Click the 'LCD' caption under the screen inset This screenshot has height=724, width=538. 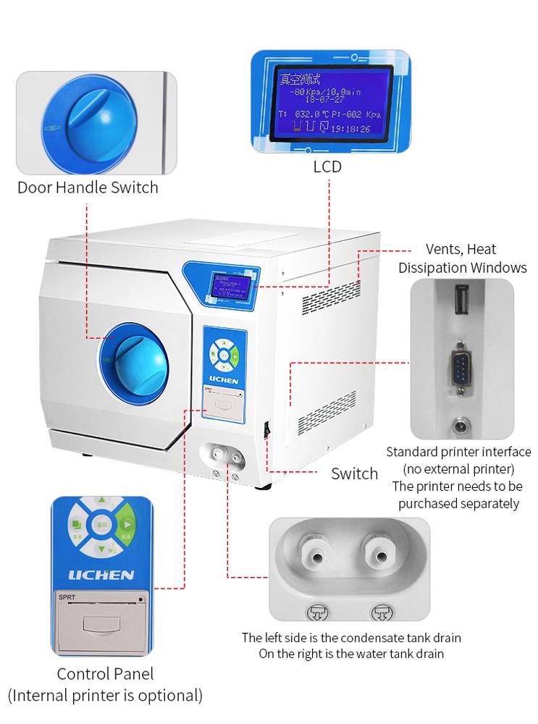327,167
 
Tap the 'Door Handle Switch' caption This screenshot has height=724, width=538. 88,188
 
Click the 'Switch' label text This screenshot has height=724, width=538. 354,473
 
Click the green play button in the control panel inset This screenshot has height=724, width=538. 128,525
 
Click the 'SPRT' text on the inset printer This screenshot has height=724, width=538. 69,597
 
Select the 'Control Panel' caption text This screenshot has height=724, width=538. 104,674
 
